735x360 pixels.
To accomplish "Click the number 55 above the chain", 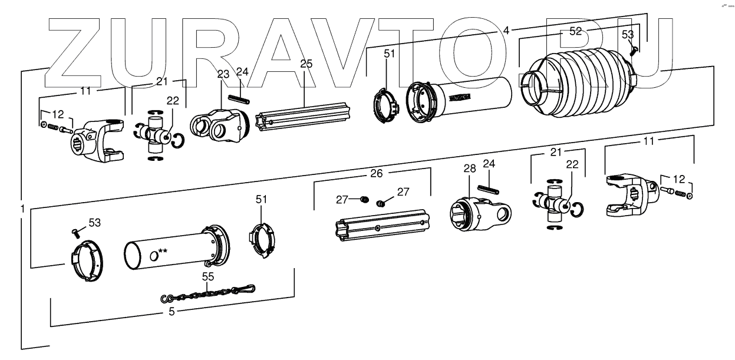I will pos(207,277).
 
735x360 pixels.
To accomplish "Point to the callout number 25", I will pos(306,64).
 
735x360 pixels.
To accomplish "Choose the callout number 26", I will pos(376,174).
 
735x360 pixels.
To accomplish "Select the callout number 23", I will pos(222,74).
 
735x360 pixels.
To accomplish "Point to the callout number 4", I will pos(506,29).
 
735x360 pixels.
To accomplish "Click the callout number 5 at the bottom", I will pos(172,312).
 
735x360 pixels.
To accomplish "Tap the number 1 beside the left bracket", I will pos(22,209).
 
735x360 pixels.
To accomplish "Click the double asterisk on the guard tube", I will pos(163,252).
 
